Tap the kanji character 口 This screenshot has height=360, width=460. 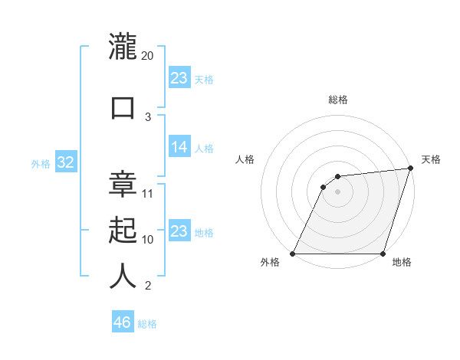pos(123,106)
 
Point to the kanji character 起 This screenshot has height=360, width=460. pos(123,230)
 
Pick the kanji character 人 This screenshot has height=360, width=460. pos(123,277)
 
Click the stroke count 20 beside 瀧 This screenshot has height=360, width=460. pos(148,56)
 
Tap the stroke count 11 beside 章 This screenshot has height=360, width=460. pos(148,193)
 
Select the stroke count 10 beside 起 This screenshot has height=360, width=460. pos(148,240)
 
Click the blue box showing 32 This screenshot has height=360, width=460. pos(65,163)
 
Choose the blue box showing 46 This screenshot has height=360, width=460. pos(123,322)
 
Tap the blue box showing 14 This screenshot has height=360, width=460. pos(179,148)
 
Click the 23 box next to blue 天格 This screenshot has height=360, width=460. pos(179,78)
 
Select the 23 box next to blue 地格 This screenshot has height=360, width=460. pos(179,231)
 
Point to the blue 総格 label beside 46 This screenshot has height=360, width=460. pos(147,324)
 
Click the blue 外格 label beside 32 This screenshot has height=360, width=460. pos(41,164)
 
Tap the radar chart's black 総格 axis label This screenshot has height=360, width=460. pos(337,100)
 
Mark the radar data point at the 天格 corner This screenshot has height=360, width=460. pos(411,169)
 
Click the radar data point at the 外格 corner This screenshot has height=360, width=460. pos(292,254)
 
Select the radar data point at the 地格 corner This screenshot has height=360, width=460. pos(383,254)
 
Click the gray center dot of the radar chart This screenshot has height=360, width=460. pos(337,191)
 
